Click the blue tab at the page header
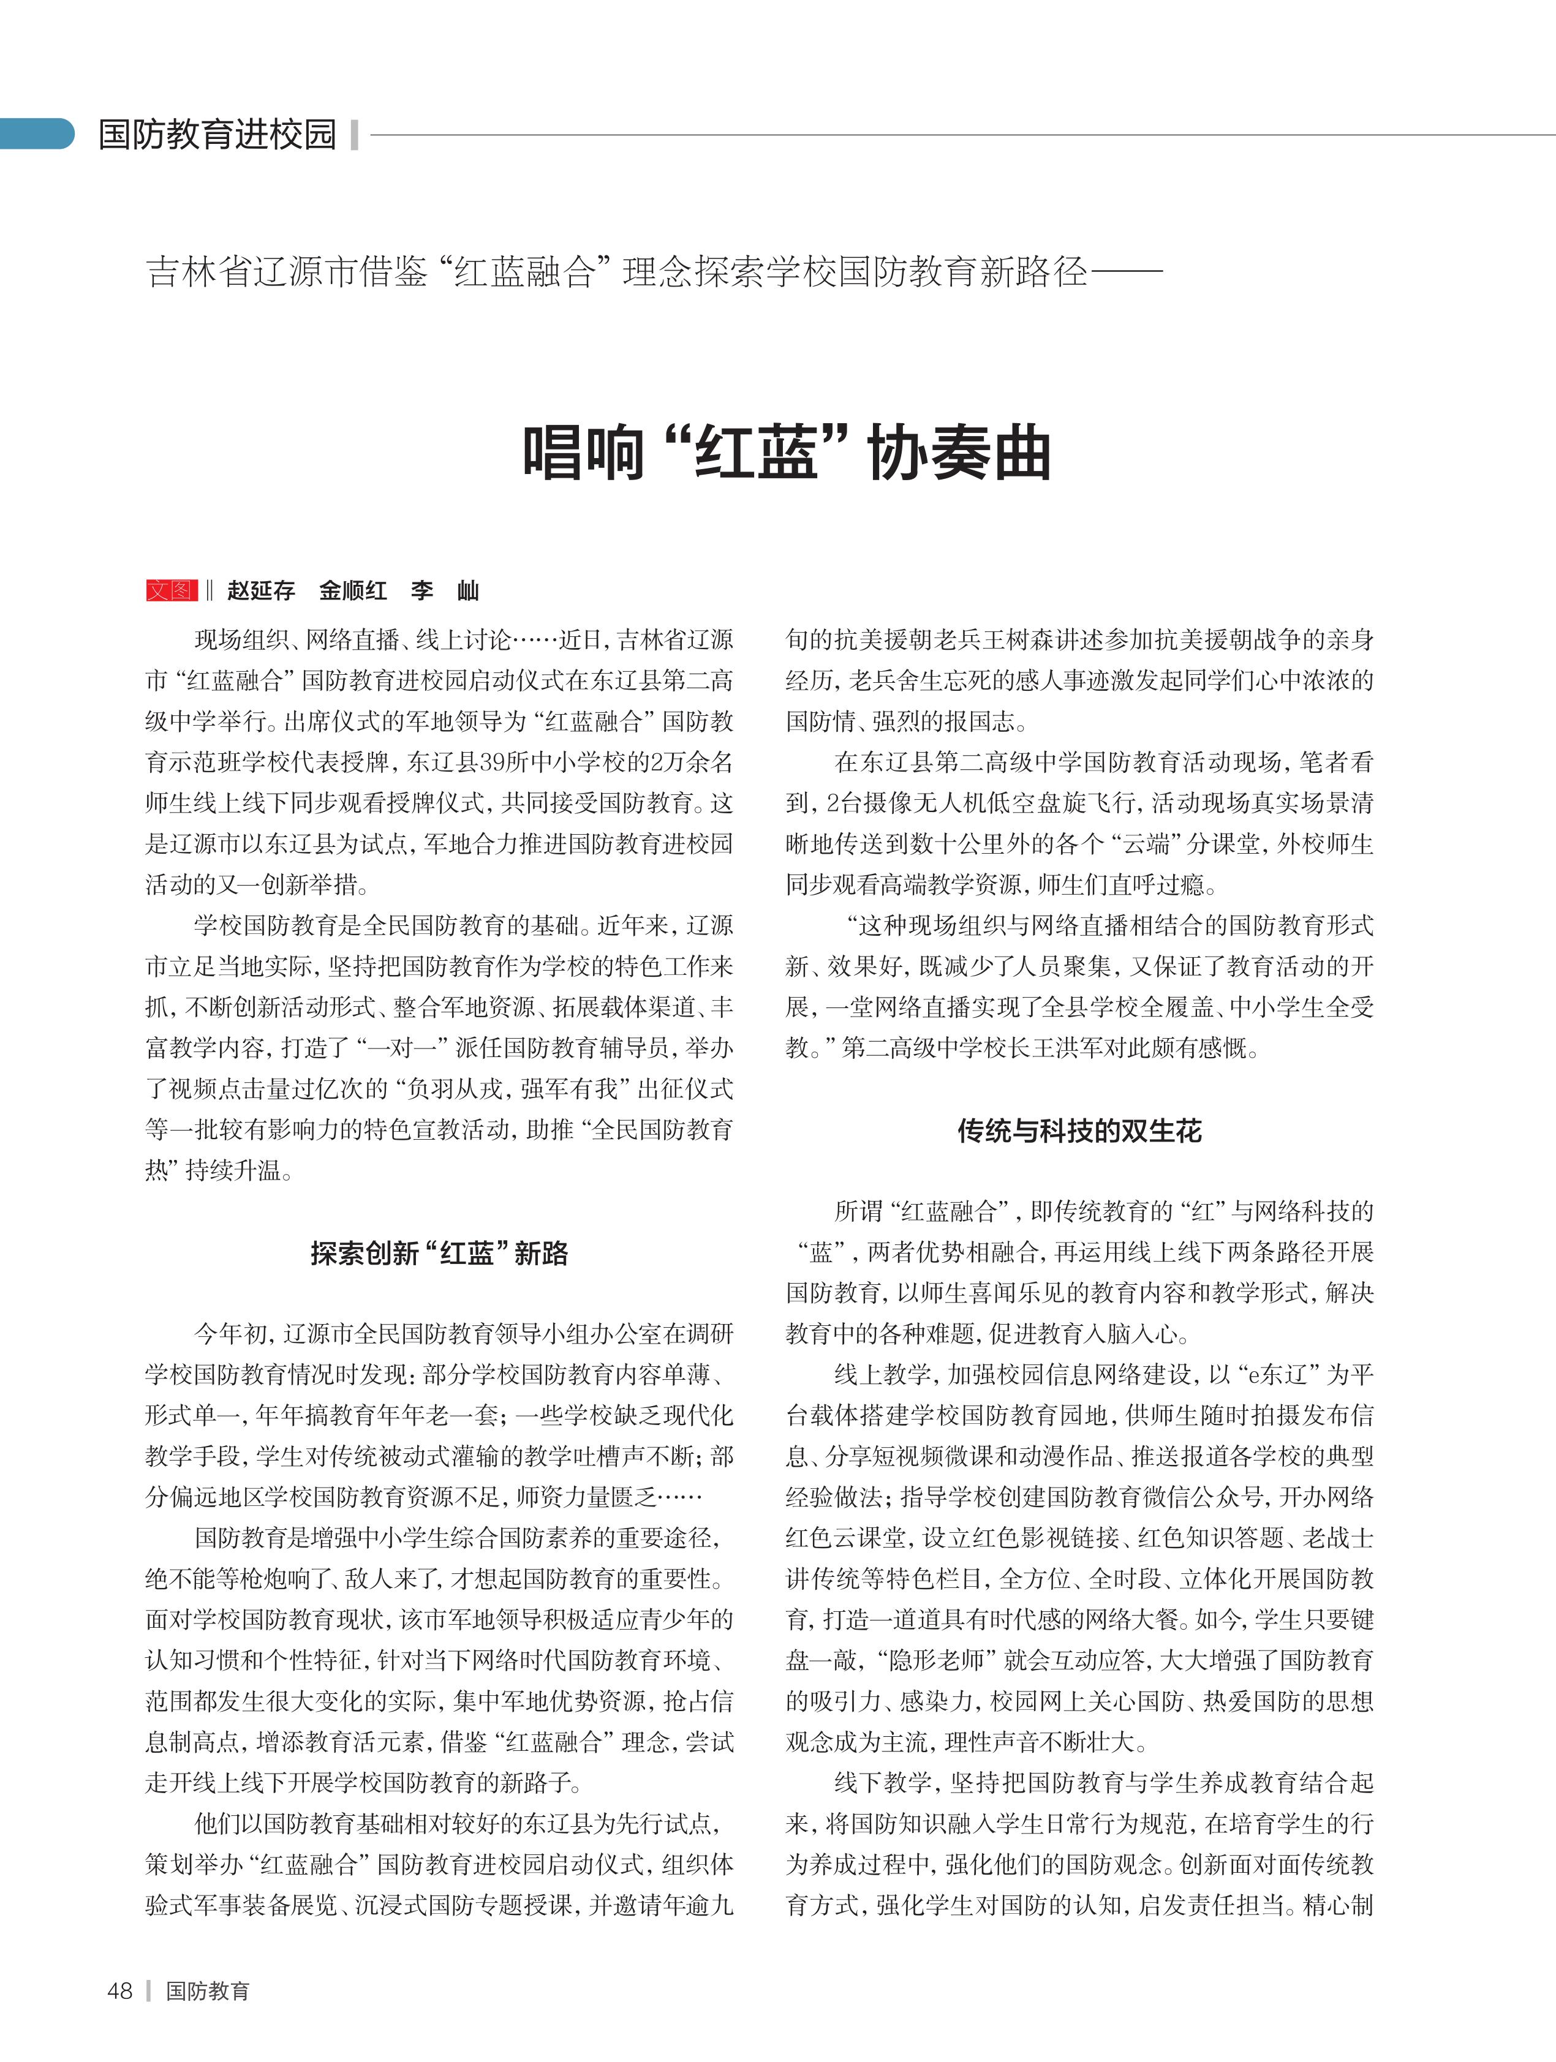coord(36,134)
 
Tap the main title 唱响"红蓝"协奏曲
coord(786,454)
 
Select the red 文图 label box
coord(172,590)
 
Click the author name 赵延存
coord(261,590)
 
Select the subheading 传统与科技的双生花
coord(1079,1131)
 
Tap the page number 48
coord(120,1990)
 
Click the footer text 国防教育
coord(207,1990)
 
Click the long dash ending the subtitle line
coord(1125,272)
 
